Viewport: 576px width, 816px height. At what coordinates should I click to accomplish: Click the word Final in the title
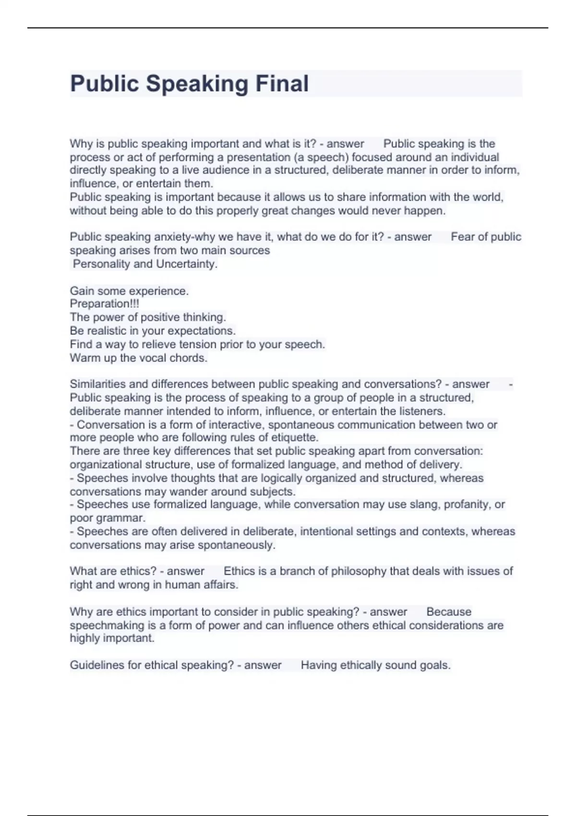point(282,84)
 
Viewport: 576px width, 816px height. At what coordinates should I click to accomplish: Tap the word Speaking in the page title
point(197,84)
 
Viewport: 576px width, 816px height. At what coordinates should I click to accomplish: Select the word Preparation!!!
point(104,304)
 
